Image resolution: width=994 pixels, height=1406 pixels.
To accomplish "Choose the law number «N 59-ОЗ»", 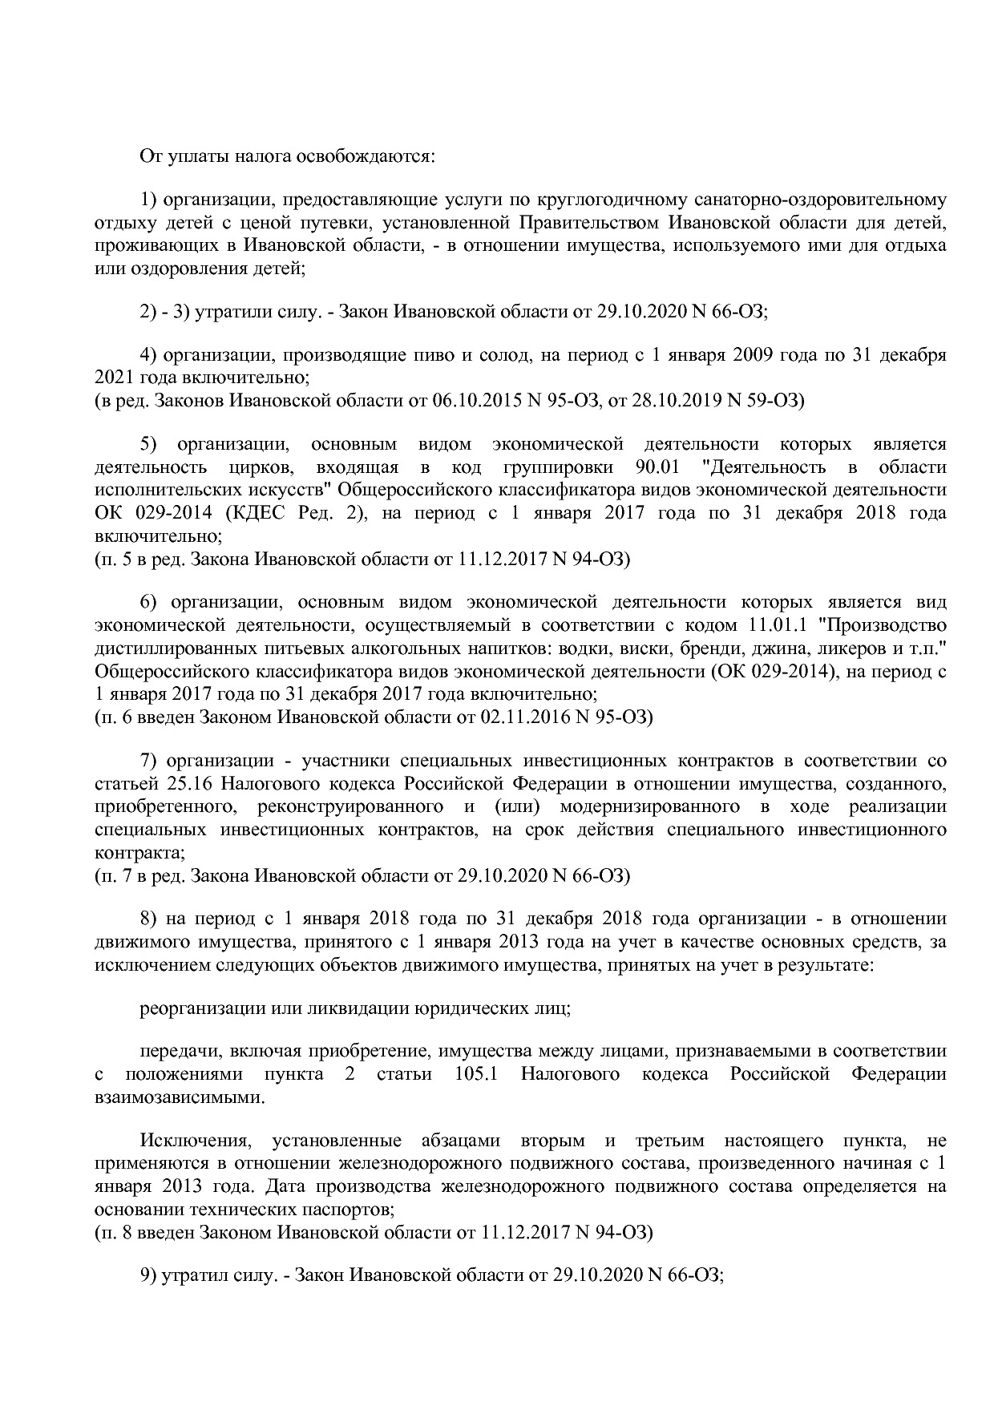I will click(764, 400).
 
